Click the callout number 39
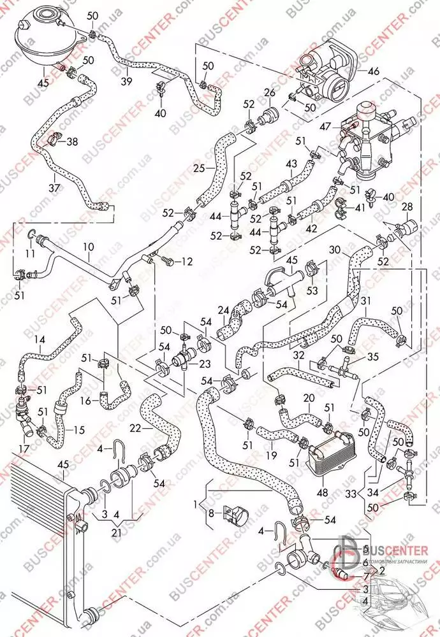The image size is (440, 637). pyautogui.click(x=126, y=82)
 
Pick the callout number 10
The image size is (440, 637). pyautogui.click(x=88, y=246)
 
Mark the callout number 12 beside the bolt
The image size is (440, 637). pyautogui.click(x=187, y=261)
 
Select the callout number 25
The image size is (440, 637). pyautogui.click(x=198, y=168)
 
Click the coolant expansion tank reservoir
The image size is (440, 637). pyautogui.click(x=48, y=32)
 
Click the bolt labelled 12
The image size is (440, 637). pyautogui.click(x=166, y=260)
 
